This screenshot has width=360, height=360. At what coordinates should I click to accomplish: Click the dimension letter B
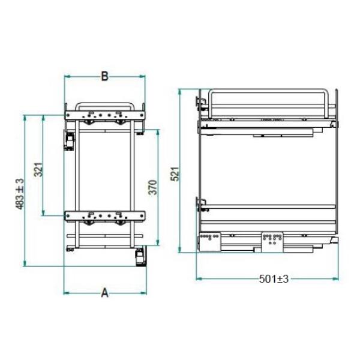coord(104,76)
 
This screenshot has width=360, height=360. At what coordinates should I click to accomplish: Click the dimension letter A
coord(104,293)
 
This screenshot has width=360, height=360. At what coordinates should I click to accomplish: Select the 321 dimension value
coord(38,170)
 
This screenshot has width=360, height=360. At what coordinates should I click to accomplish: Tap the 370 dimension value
coord(152,187)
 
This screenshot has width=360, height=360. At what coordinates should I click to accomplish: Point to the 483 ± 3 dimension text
coord(20,194)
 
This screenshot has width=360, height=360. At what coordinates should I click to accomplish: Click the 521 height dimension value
coord(175,174)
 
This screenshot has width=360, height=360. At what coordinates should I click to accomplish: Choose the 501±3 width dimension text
coord(274,279)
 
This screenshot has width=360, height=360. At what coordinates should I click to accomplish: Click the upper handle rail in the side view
coord(268,91)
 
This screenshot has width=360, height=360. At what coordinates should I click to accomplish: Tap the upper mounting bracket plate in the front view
coord(105,115)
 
